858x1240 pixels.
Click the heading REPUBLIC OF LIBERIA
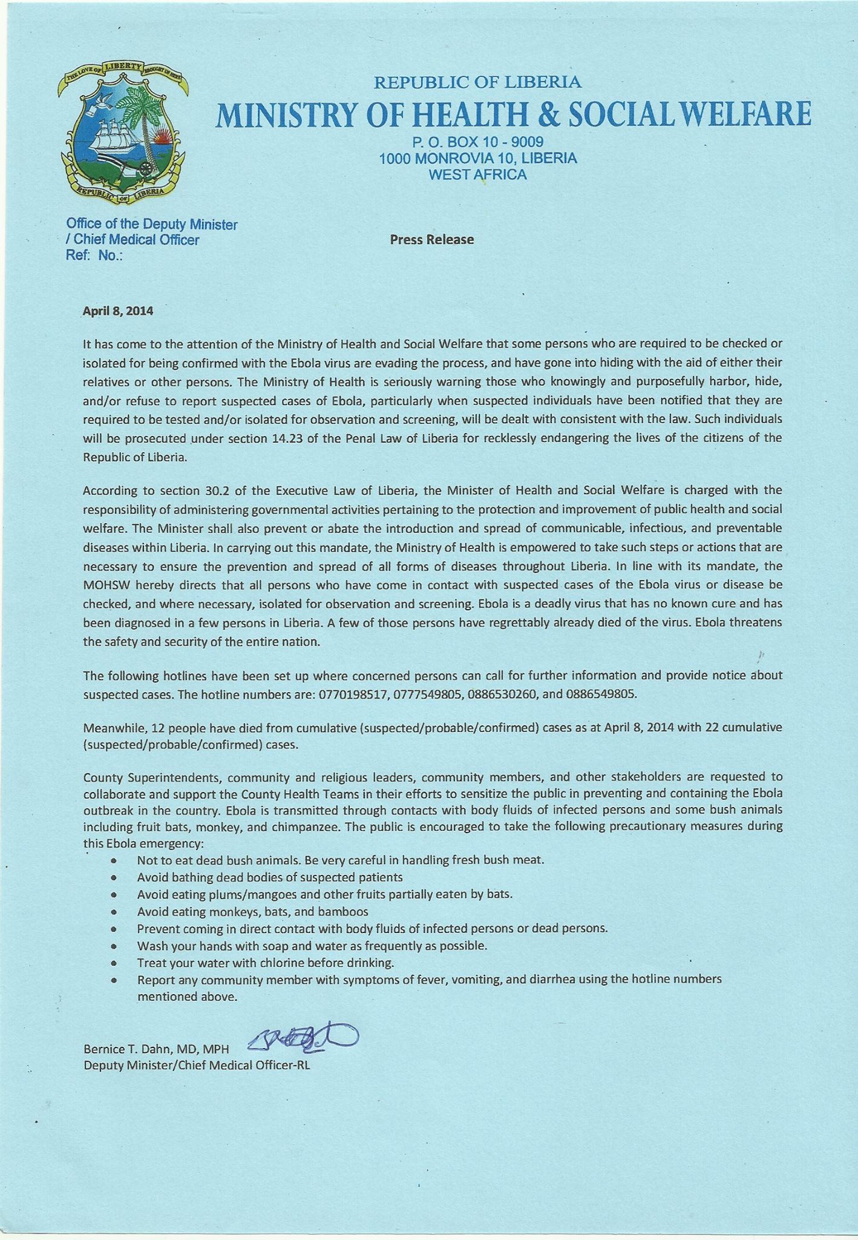477,82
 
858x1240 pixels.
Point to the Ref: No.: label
94,256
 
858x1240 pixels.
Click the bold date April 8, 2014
118,312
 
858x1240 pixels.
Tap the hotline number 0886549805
601,694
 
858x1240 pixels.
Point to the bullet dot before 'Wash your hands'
114,945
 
